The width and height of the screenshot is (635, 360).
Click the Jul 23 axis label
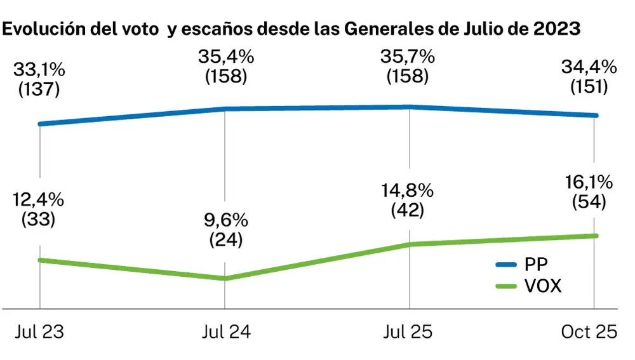pyautogui.click(x=39, y=332)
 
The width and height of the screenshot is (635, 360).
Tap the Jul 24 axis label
pyautogui.click(x=225, y=332)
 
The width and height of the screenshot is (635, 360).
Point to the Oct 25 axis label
pyautogui.click(x=590, y=332)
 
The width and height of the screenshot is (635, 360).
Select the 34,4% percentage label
pyautogui.click(x=588, y=65)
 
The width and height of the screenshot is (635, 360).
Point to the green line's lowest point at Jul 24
pyautogui.click(x=225, y=278)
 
